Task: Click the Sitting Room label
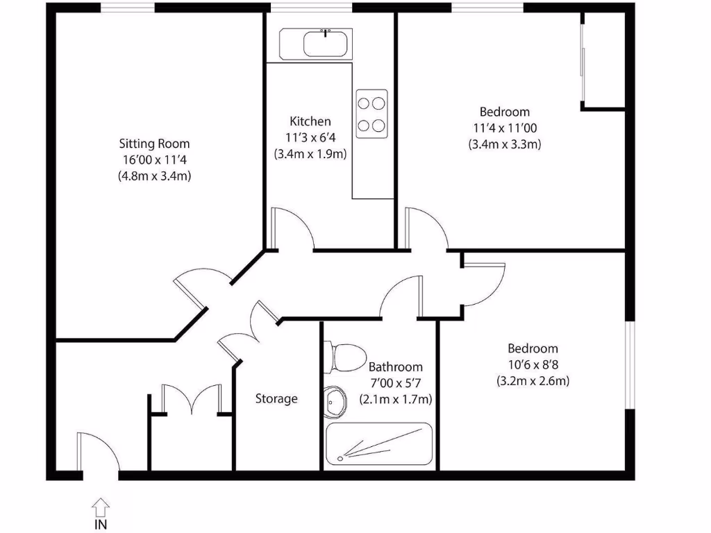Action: (x=154, y=144)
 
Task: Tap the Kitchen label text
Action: (x=310, y=121)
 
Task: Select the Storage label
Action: (x=276, y=398)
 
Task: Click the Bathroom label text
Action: (x=395, y=366)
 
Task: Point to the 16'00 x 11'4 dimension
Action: (x=154, y=160)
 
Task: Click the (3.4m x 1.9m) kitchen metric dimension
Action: (x=310, y=154)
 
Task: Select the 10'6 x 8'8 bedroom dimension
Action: (x=533, y=364)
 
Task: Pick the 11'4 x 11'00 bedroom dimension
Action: (x=505, y=128)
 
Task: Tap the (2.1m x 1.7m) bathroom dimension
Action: (x=395, y=399)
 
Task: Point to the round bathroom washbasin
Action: (x=336, y=402)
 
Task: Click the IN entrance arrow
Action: (x=101, y=506)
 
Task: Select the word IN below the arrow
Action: (x=101, y=525)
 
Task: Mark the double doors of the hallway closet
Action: (x=191, y=398)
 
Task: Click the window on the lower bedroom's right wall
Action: (x=629, y=364)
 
